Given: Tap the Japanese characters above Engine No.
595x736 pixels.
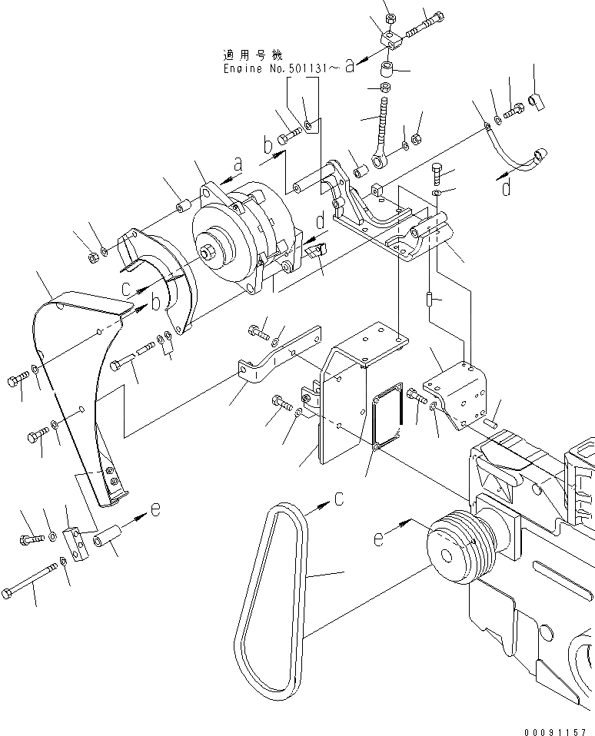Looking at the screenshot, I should point(252,55).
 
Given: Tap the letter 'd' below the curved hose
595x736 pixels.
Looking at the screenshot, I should point(506,187).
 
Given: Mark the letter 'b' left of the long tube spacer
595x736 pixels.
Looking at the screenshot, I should point(268,145).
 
